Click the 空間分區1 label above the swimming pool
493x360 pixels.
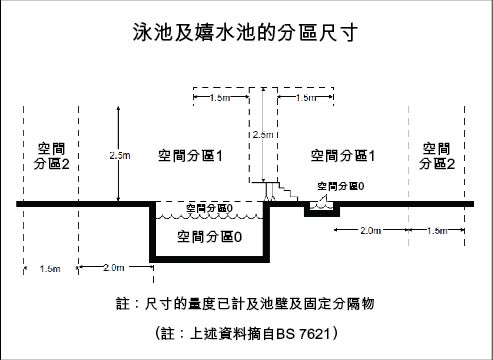[189, 156]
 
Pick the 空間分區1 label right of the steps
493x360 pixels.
[342, 156]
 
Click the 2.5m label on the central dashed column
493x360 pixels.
[262, 134]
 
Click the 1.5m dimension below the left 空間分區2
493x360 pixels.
[49, 268]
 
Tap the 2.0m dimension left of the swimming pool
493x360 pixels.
[113, 267]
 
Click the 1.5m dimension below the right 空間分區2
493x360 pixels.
[437, 231]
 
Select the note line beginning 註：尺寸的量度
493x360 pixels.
[246, 301]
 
